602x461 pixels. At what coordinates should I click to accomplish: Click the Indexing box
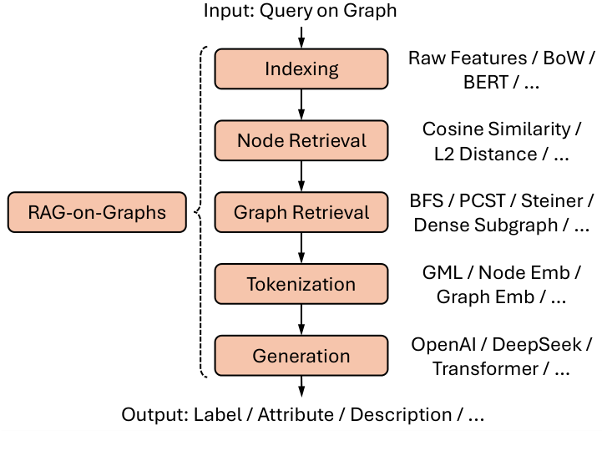coord(301,68)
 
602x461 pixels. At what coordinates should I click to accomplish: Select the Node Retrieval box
coord(301,140)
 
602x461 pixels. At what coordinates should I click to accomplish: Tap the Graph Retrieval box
coord(301,212)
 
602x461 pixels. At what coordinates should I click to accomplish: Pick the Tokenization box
coord(301,284)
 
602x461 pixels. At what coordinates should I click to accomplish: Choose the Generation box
coord(301,356)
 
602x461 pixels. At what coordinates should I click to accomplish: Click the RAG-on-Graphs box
coord(97,212)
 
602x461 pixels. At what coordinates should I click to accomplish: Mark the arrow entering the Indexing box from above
coord(301,36)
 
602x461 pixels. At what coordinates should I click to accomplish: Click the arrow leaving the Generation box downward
coord(301,387)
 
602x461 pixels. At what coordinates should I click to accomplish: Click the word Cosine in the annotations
coord(449,129)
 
